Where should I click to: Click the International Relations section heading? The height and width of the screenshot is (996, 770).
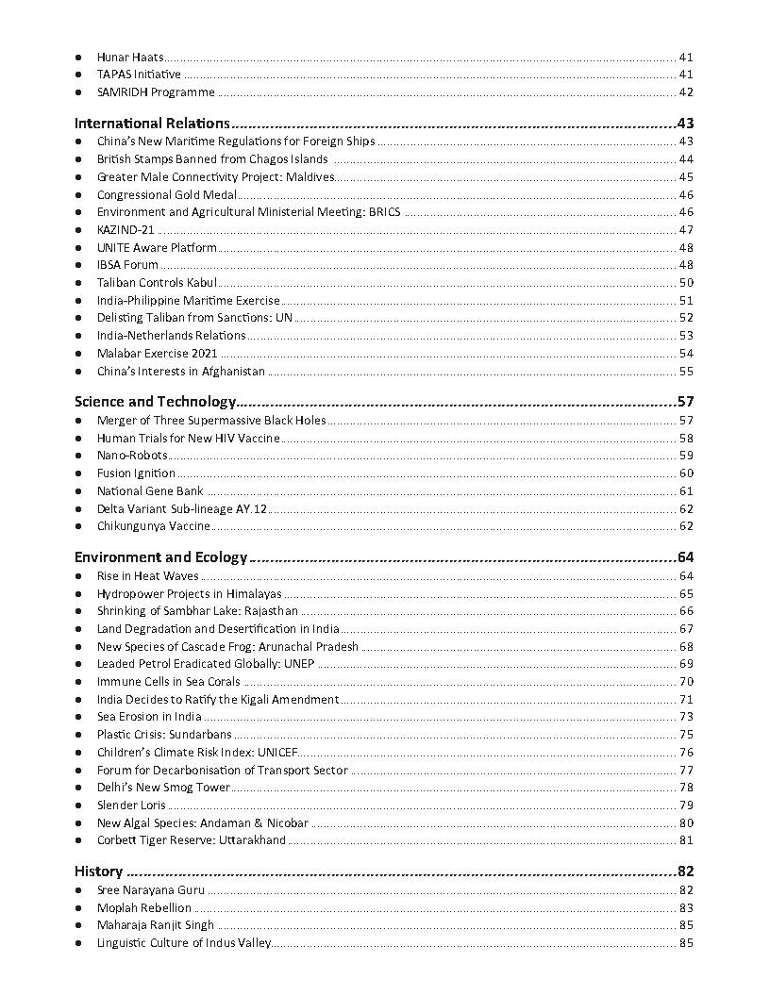[152, 124]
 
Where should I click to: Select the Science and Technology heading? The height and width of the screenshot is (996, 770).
[155, 402]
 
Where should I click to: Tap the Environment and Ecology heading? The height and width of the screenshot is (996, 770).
[160, 557]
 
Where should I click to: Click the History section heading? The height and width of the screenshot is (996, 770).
[98, 871]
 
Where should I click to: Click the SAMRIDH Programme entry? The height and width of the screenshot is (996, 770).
[156, 92]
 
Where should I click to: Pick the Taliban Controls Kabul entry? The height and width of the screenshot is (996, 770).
[157, 282]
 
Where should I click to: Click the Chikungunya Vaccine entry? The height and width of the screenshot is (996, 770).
[153, 526]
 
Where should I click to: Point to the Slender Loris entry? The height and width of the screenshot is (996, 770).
[131, 805]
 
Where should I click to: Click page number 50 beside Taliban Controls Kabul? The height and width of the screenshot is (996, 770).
[686, 283]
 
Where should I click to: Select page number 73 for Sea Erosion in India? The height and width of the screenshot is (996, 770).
[686, 718]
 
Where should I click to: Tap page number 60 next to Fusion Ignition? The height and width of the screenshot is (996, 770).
[686, 473]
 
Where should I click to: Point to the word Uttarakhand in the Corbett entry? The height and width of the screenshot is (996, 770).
[252, 840]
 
